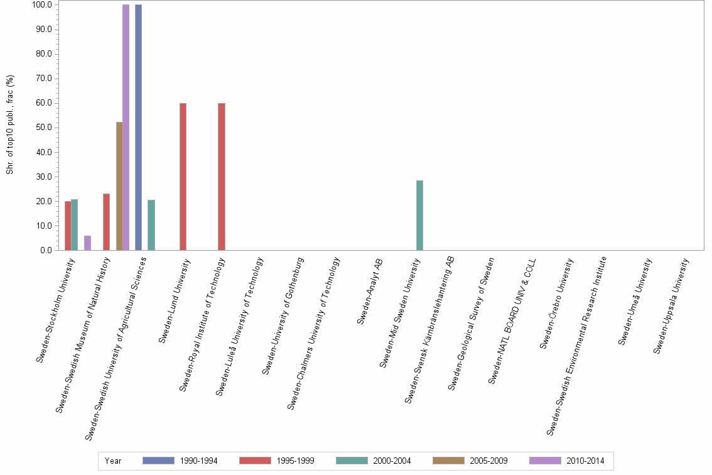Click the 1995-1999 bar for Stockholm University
tap(68, 226)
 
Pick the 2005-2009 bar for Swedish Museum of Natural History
tap(119, 186)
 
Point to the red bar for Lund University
tap(183, 177)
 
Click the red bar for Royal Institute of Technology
tap(221, 177)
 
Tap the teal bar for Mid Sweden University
tap(419, 216)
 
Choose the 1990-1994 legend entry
tap(180, 461)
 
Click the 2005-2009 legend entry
tap(470, 461)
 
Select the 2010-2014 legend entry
tap(566, 461)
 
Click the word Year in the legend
tap(113, 461)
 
